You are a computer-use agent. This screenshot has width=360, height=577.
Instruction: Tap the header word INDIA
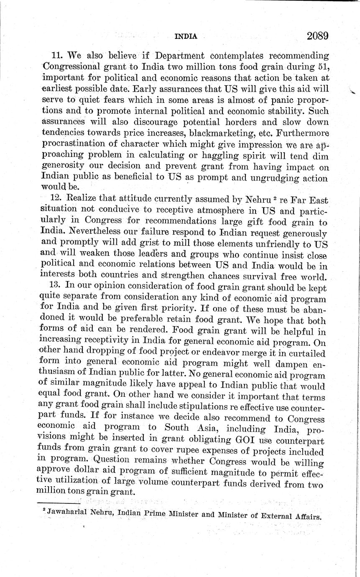[x=185, y=36]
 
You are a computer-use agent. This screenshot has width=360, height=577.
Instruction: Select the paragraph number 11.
[x=57, y=56]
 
